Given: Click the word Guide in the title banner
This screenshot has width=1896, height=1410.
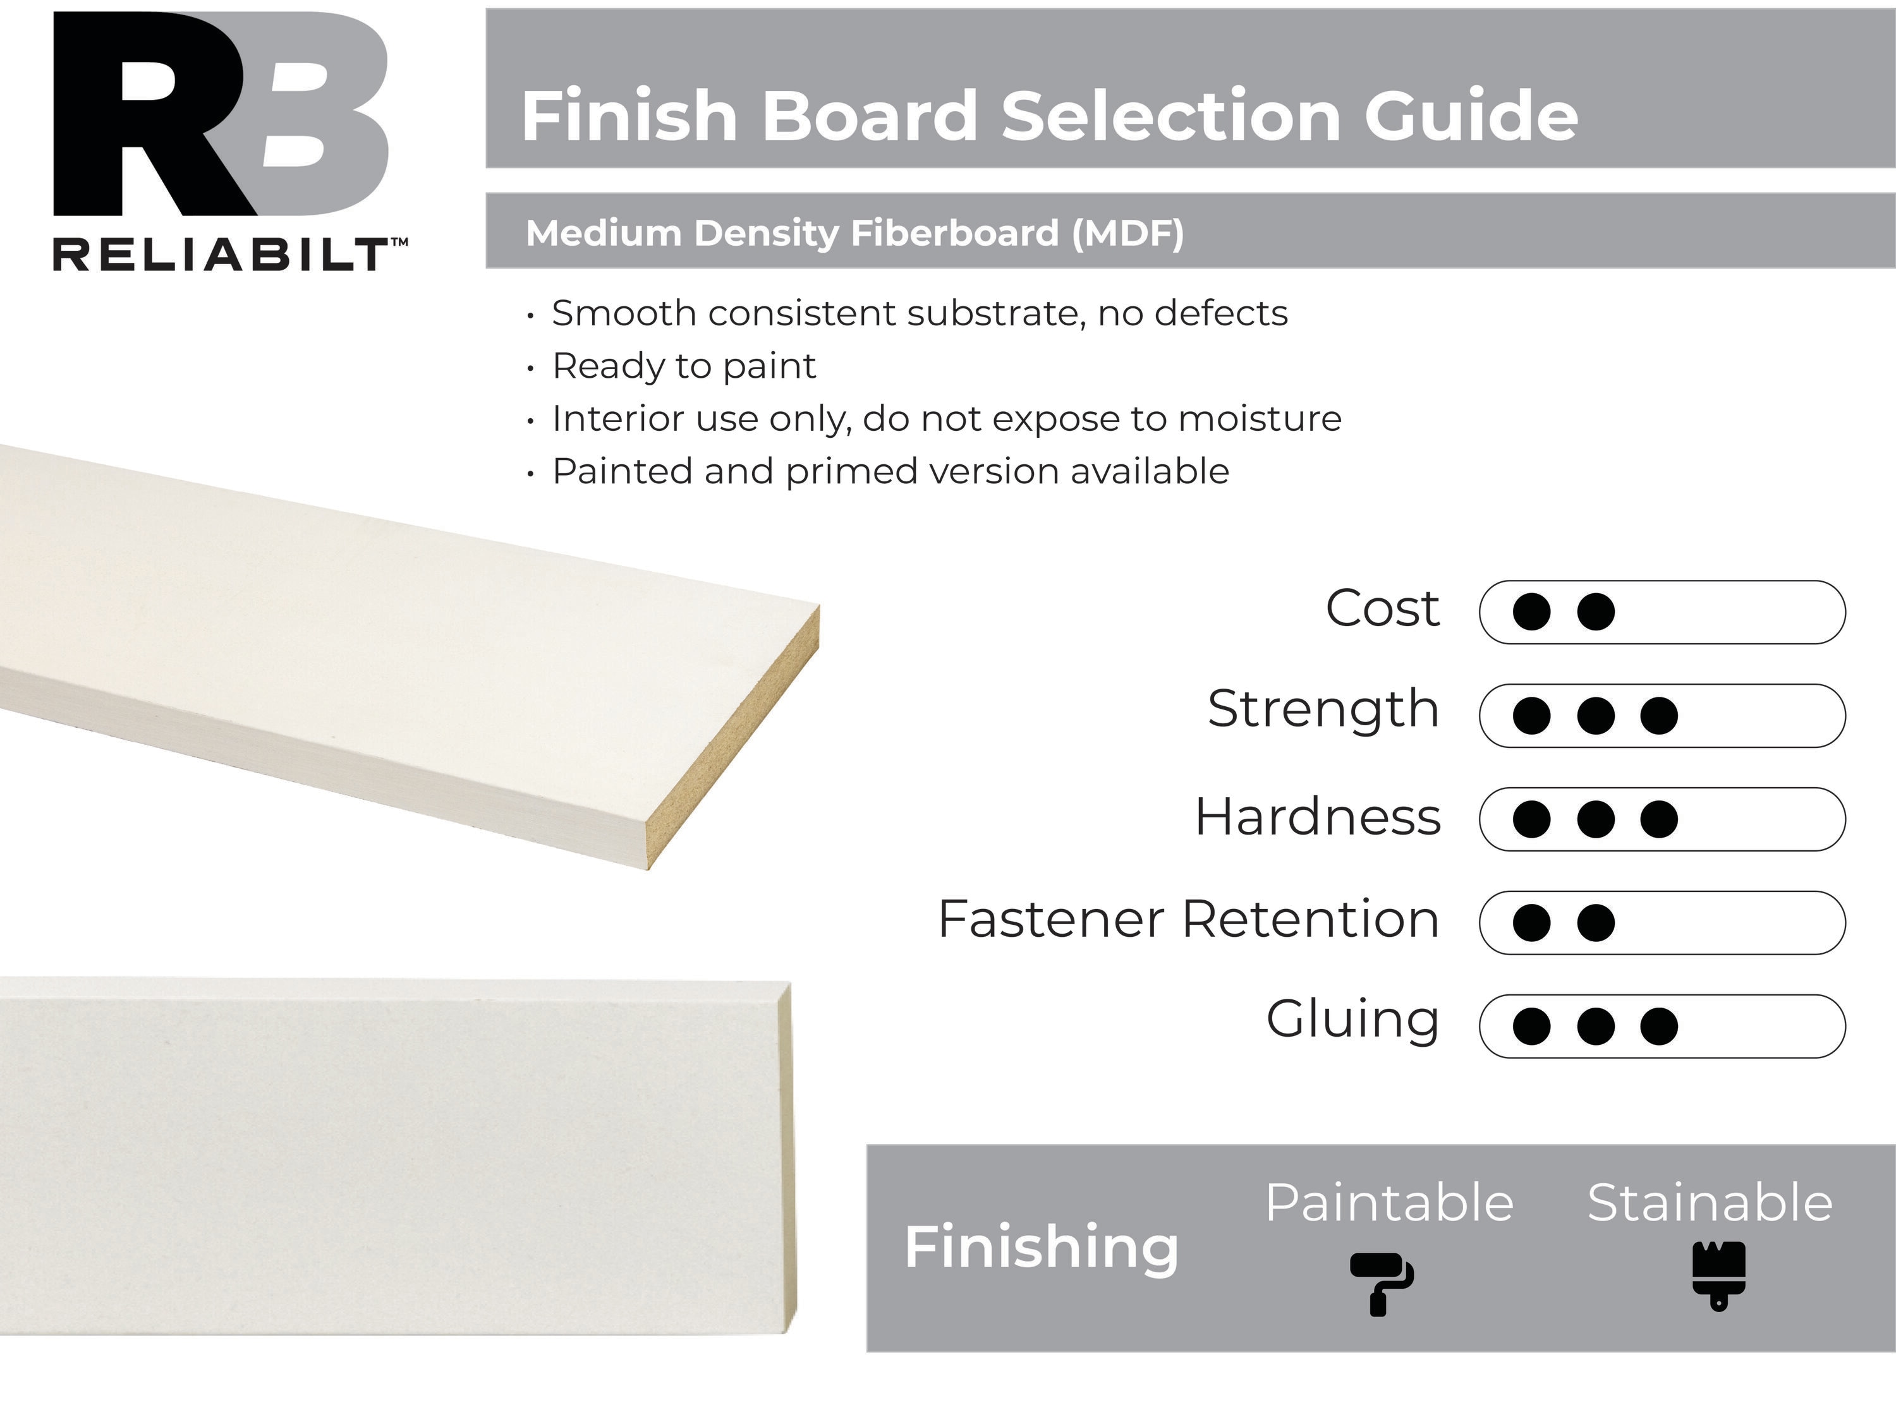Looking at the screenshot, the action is [1471, 116].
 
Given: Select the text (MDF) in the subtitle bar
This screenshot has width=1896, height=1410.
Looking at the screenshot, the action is [1127, 233].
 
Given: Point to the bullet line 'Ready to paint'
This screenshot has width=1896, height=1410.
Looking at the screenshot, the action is [684, 367].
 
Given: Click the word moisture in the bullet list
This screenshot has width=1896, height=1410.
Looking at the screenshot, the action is [1259, 418].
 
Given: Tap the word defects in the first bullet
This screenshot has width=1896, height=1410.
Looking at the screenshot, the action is [1221, 313].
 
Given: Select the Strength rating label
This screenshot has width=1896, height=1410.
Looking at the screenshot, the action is [1323, 710].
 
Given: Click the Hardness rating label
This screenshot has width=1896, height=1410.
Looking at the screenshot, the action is [1317, 817].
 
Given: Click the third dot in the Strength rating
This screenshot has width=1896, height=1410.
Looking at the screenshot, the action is [1658, 715].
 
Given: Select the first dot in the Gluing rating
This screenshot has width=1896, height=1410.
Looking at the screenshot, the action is [1531, 1026].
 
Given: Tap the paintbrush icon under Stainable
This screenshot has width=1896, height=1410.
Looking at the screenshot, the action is [1718, 1276].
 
